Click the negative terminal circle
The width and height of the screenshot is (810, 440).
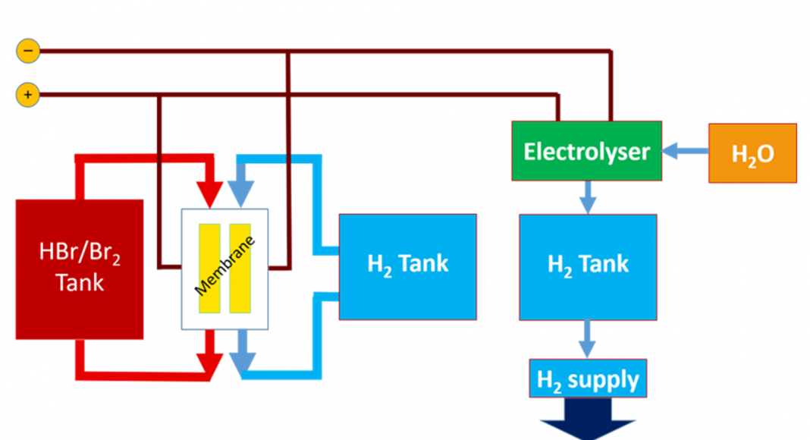click(x=27, y=52)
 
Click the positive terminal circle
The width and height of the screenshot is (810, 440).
click(x=27, y=95)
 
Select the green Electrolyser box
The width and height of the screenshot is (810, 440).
click(x=586, y=151)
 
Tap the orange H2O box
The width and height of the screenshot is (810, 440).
click(x=752, y=153)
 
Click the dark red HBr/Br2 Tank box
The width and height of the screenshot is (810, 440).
click(x=80, y=269)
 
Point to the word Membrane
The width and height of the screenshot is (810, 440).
click(x=225, y=266)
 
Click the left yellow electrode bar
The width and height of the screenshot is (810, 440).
click(x=209, y=268)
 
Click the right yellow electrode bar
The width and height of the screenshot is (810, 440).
click(x=240, y=268)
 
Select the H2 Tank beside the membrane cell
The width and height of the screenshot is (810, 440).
click(x=407, y=266)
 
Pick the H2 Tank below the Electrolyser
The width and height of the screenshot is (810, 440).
click(x=588, y=266)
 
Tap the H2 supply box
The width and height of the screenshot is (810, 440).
click(x=588, y=379)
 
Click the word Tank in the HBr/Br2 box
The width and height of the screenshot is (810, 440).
click(x=80, y=283)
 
